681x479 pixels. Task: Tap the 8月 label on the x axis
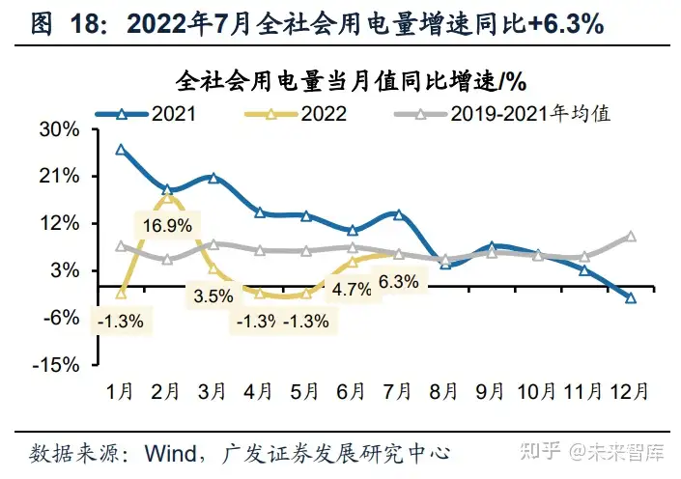point(444,392)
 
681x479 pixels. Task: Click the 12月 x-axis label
point(630,392)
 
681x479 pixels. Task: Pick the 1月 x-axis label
point(120,392)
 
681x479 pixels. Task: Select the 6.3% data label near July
point(399,283)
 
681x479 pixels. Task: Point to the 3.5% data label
point(213,295)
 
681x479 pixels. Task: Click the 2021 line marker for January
point(121,150)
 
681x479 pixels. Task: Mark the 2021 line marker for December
point(631,298)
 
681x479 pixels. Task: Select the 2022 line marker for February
point(168,196)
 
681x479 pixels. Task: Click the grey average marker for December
point(631,237)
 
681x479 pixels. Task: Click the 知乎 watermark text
point(538,450)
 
